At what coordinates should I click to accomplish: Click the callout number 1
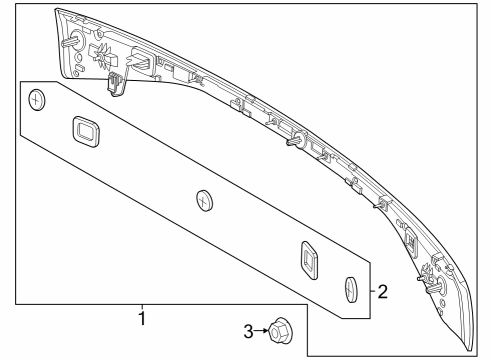pyautogui.click(x=142, y=318)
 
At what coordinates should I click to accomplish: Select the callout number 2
pyautogui.click(x=383, y=292)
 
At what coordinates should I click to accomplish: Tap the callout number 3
pyautogui.click(x=248, y=331)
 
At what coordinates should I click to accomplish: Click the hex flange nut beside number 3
pyautogui.click(x=279, y=331)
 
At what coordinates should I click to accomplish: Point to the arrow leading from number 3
pyautogui.click(x=261, y=331)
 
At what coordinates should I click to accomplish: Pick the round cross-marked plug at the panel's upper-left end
pyautogui.click(x=37, y=100)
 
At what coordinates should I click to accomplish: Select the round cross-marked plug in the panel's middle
pyautogui.click(x=204, y=200)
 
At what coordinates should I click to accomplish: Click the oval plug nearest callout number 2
pyautogui.click(x=350, y=289)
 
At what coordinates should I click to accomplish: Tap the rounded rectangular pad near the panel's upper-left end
pyautogui.click(x=86, y=131)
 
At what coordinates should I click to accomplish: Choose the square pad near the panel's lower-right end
pyautogui.click(x=309, y=260)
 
